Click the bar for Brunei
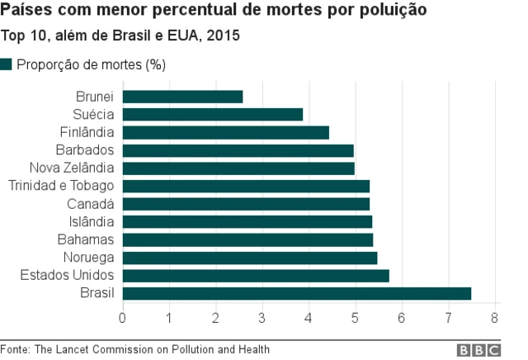(182, 97)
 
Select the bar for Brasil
(297, 293)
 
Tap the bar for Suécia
(213, 115)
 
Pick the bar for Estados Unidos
(256, 275)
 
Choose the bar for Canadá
(246, 204)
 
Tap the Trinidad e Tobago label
(61, 186)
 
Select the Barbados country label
(84, 150)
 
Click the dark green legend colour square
(7, 64)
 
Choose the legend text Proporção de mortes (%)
(92, 65)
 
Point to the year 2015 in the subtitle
(224, 37)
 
